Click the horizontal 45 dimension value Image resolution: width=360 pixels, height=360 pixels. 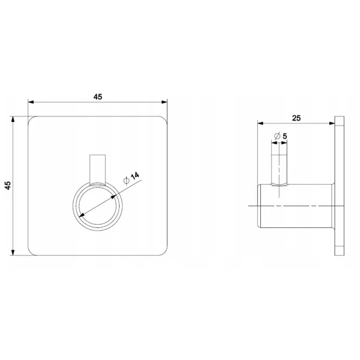point(97,97)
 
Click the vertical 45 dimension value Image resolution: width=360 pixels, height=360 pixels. point(8,185)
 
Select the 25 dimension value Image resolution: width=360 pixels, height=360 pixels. point(297,118)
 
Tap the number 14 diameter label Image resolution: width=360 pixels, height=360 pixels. point(135,176)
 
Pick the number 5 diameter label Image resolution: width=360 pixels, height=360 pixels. point(285,136)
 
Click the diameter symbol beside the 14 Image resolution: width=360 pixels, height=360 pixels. point(126,181)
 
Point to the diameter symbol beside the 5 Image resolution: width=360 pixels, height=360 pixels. point(277,136)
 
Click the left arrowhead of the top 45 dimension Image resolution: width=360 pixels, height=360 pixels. point(31,102)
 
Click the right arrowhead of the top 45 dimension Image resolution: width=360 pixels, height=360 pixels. point(165,102)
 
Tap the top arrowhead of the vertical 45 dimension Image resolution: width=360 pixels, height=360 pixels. point(13,120)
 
